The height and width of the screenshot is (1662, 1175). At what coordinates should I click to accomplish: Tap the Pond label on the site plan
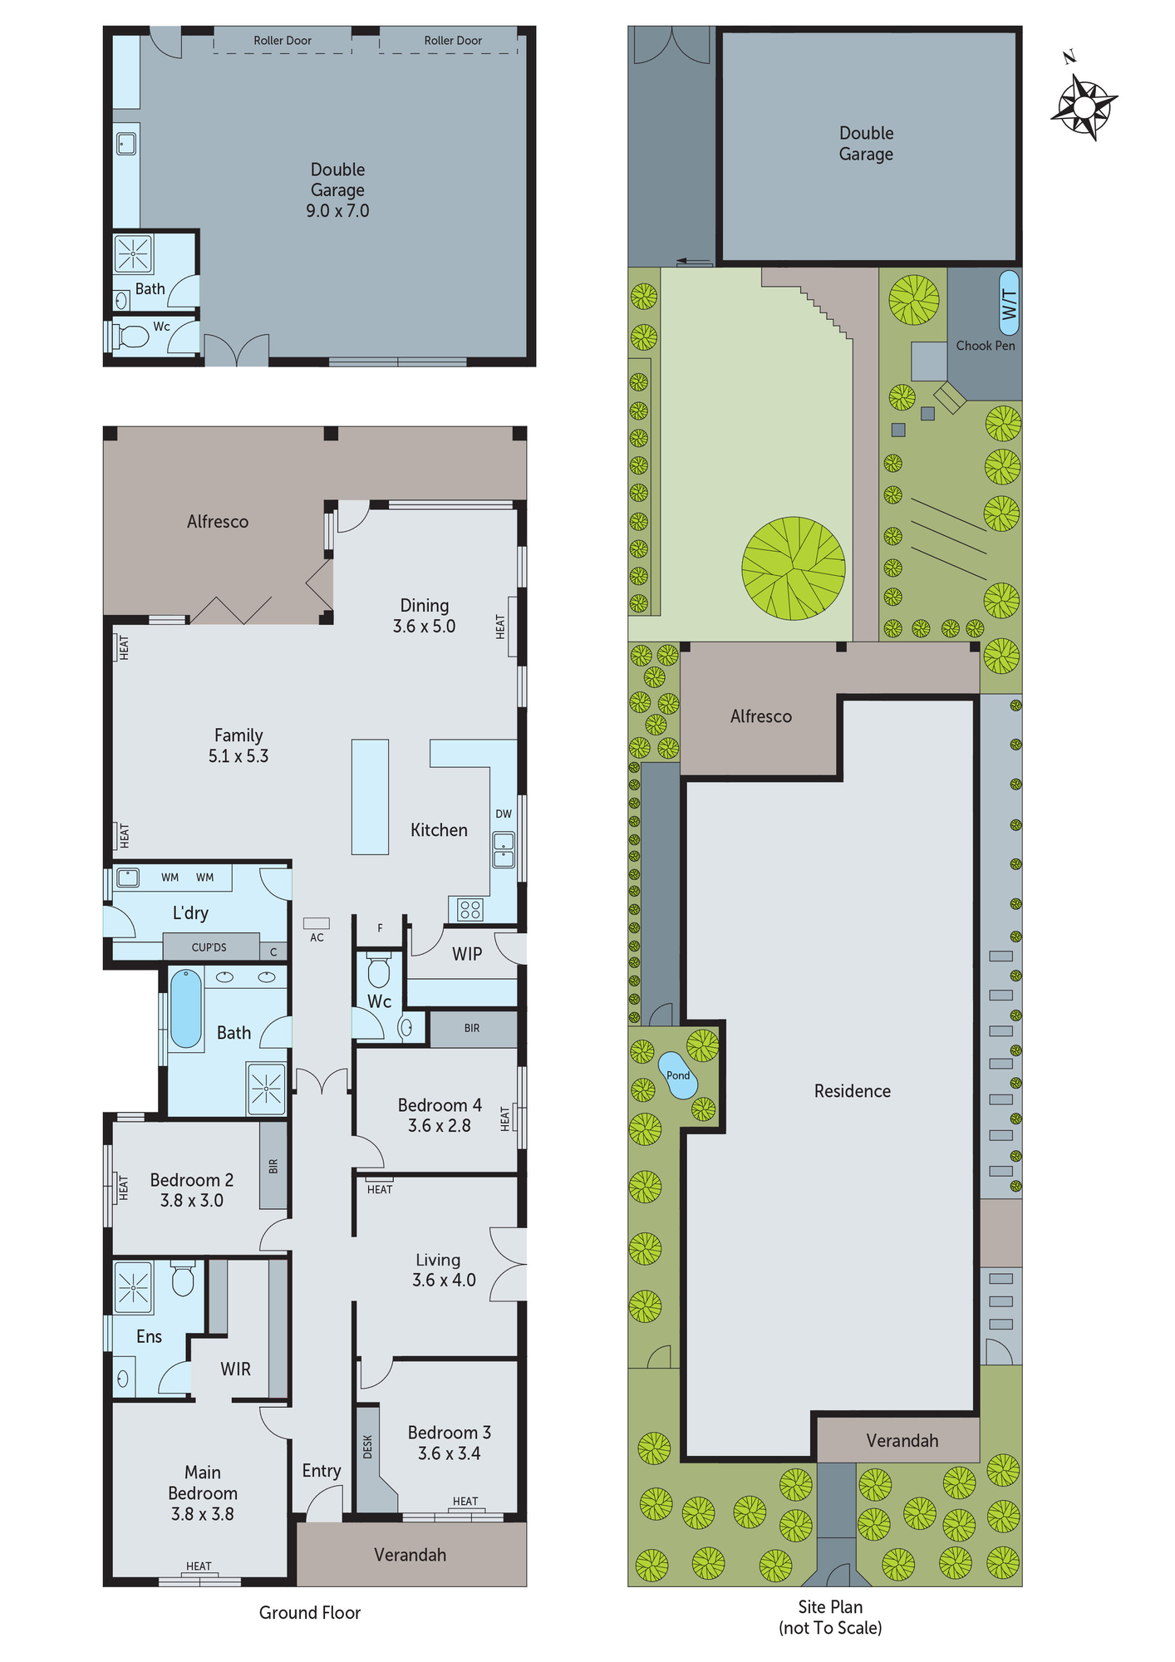[678, 1075]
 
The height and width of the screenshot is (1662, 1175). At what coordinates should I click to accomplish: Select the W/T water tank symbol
[1009, 303]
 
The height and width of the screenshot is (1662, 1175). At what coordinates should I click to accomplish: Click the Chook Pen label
[986, 346]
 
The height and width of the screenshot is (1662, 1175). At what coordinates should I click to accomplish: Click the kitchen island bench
[370, 797]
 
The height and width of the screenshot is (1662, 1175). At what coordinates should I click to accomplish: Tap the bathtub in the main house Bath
[186, 1009]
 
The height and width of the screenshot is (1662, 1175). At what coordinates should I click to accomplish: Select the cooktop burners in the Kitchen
[470, 909]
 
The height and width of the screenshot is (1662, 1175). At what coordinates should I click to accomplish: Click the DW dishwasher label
[504, 814]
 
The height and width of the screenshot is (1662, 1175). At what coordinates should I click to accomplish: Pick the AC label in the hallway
[317, 937]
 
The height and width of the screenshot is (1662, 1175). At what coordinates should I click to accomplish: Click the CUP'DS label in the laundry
[209, 947]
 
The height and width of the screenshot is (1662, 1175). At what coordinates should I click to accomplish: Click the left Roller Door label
[283, 41]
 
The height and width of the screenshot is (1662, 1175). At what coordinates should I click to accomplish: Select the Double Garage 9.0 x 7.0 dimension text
[337, 211]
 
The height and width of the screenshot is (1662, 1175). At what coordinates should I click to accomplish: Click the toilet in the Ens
[183, 1280]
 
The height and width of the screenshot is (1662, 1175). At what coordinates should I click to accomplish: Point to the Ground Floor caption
[310, 1613]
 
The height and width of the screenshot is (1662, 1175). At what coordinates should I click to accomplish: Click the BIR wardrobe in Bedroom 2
[273, 1166]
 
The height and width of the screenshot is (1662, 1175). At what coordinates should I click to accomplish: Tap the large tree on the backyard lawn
[794, 568]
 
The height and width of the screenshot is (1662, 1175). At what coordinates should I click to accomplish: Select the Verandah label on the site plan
[902, 1441]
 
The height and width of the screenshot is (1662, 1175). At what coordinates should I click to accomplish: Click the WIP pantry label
[467, 954]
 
